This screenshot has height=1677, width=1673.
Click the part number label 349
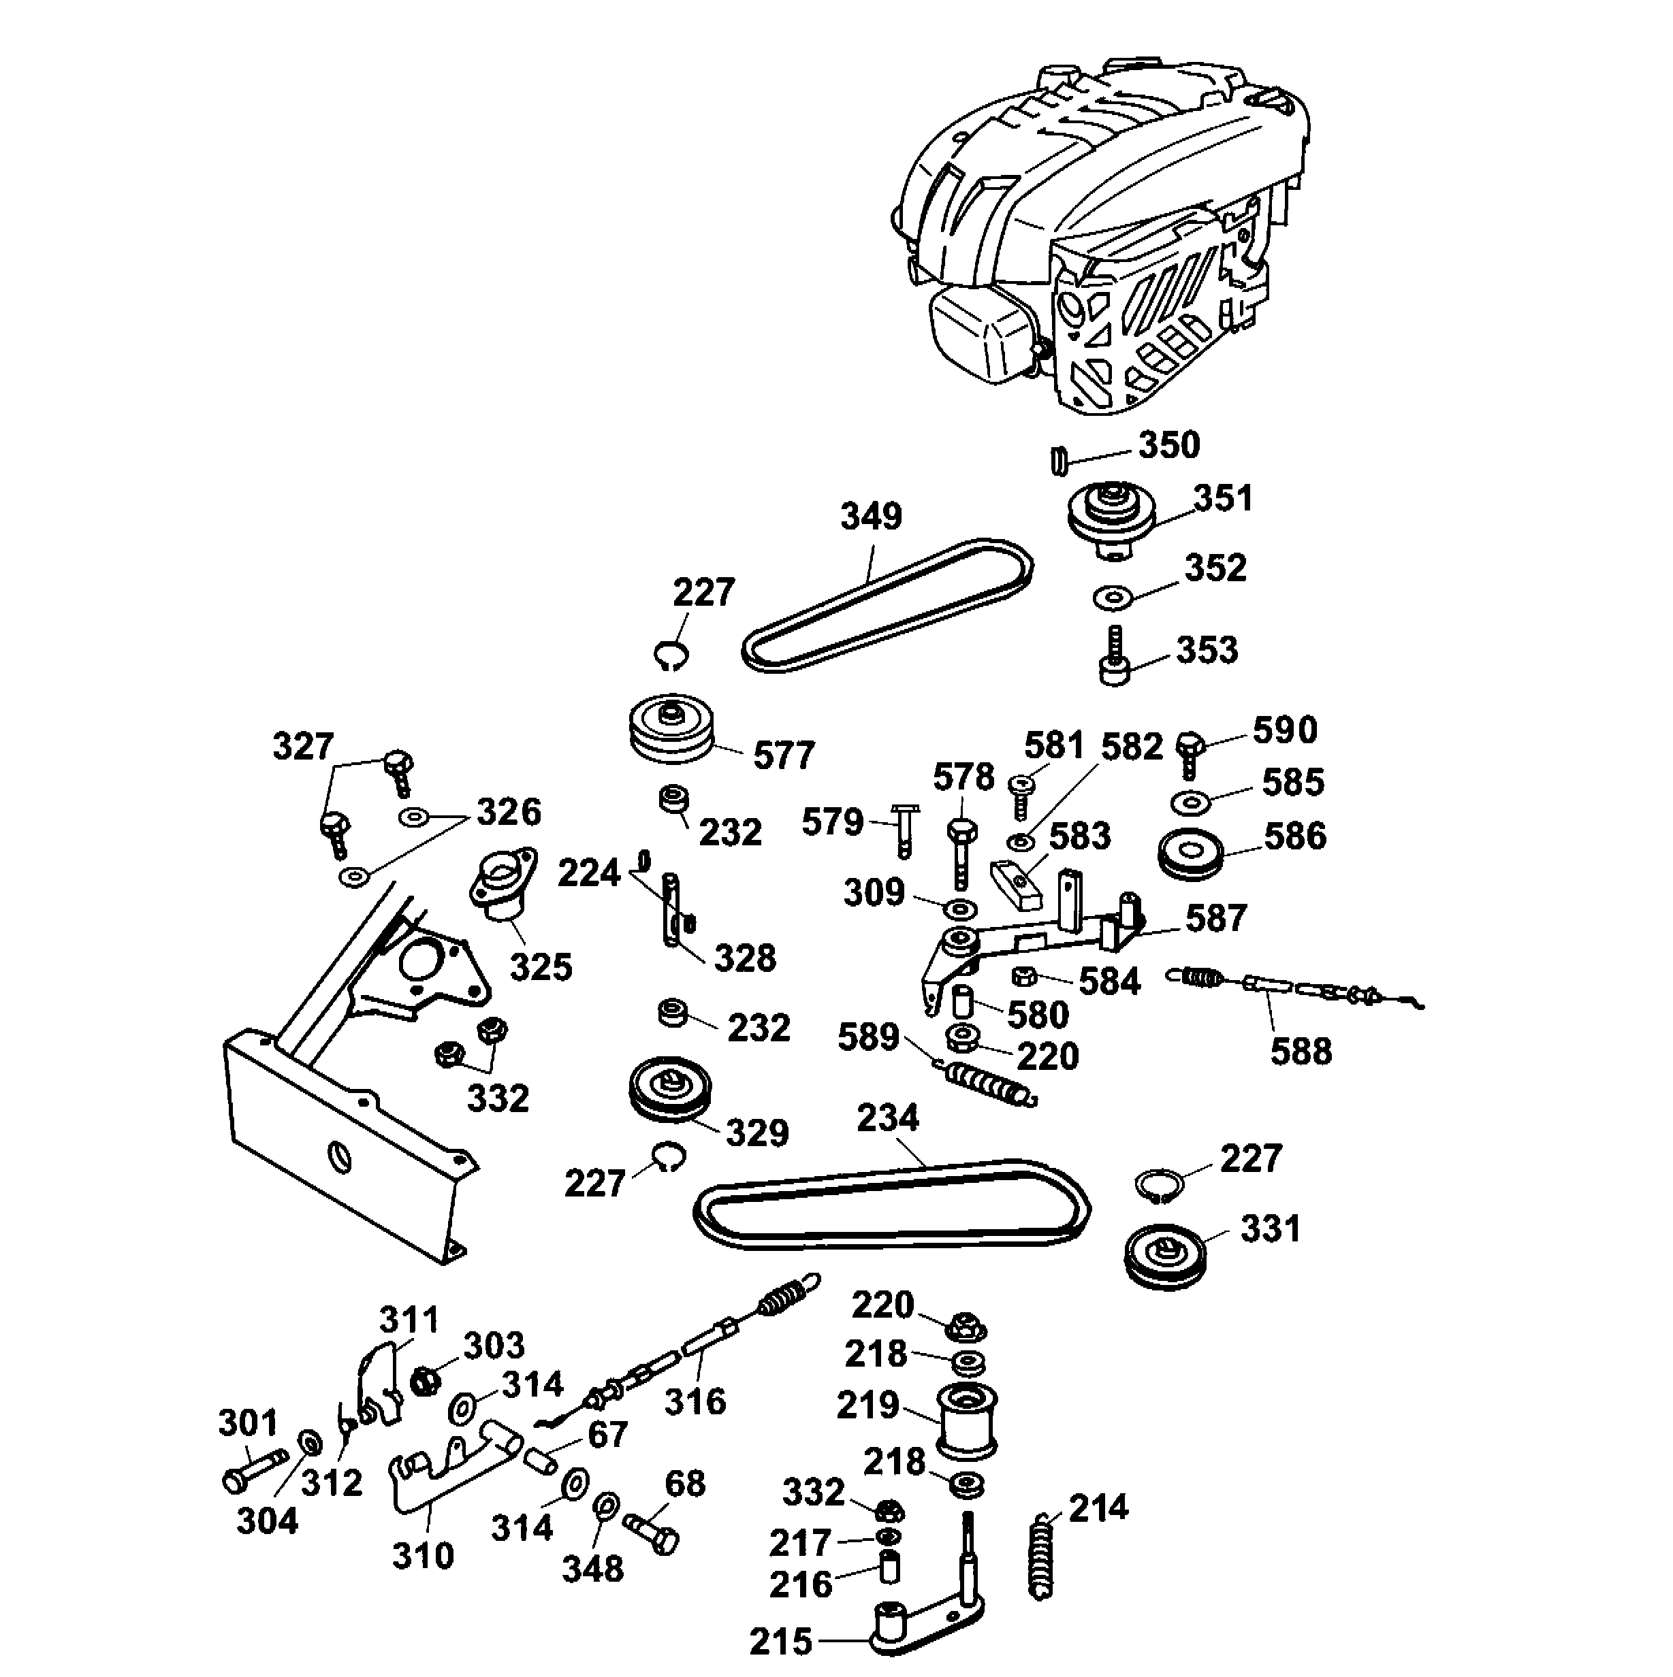point(871,517)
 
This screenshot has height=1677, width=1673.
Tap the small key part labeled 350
point(1058,461)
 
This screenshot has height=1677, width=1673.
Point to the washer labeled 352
point(1112,598)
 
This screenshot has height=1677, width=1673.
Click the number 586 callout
point(1294,836)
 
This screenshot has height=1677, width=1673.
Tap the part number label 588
point(1300,1051)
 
